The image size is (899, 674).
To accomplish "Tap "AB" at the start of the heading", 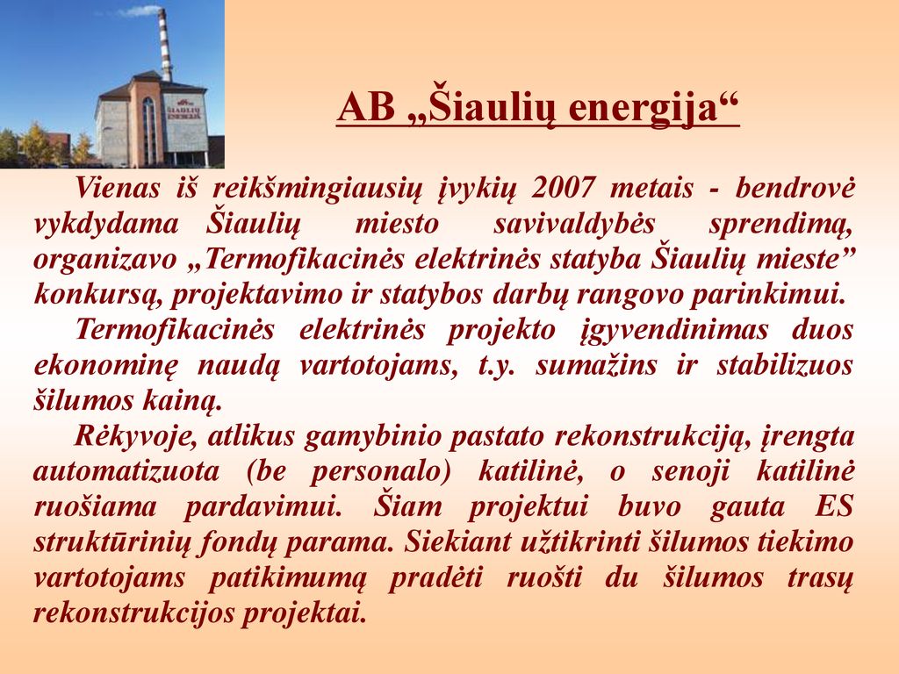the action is click(366, 106).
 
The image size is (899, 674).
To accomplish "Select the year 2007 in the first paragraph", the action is click(563, 188).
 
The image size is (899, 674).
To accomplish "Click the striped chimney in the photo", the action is click(164, 44).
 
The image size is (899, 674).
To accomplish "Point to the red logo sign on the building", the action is click(184, 109).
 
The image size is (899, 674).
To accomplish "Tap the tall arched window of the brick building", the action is click(148, 131).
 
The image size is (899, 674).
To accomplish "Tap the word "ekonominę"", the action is click(106, 367).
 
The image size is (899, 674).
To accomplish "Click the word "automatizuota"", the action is click(126, 472).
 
